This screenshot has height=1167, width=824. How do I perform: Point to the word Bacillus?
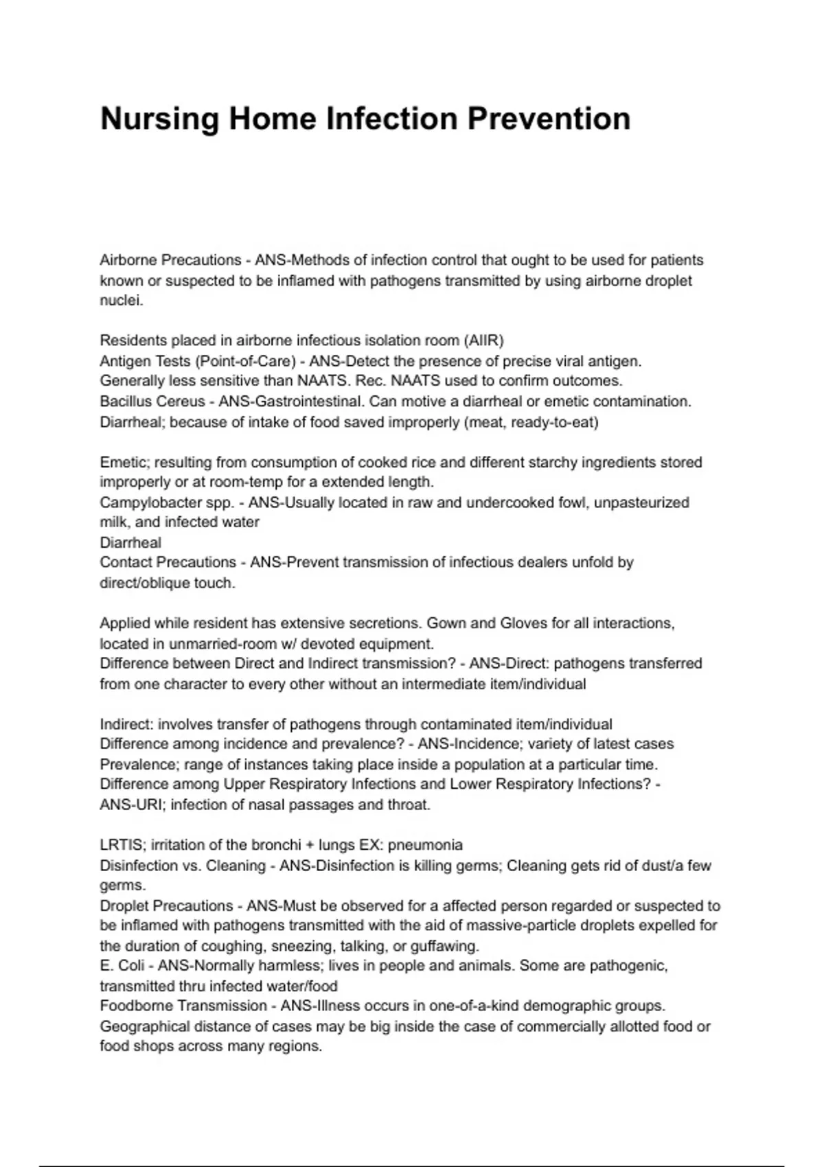[x=124, y=402]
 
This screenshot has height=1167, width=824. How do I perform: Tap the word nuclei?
[x=121, y=301]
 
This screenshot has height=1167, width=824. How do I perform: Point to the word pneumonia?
[x=425, y=845]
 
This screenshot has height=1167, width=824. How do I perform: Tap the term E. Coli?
[x=122, y=966]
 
